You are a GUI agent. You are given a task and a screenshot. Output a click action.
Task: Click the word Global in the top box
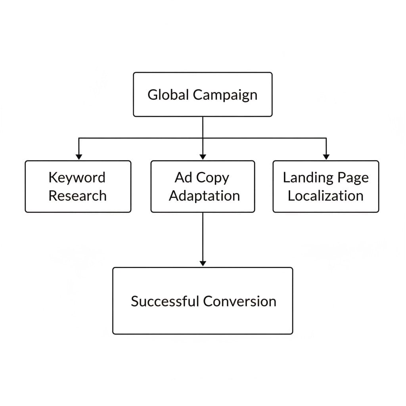point(168,95)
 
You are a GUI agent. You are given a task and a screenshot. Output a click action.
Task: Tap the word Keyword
point(77,178)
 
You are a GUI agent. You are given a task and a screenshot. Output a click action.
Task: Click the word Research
point(77,196)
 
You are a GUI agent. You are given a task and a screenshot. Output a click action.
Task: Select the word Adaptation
point(204,196)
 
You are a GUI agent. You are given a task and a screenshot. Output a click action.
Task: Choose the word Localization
point(326,196)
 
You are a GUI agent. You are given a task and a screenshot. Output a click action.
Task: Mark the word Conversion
point(239,301)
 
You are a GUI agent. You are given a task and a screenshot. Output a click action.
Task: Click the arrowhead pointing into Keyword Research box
point(79,157)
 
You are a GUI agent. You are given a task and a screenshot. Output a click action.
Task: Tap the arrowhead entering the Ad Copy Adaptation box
point(203,157)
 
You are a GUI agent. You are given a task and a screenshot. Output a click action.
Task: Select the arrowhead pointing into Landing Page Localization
point(326,157)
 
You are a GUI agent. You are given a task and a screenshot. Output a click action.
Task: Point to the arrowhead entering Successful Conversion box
point(203,263)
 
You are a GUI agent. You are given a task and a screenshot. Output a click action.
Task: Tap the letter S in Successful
point(134,301)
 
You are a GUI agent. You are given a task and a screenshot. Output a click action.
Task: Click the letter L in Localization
point(291,196)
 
